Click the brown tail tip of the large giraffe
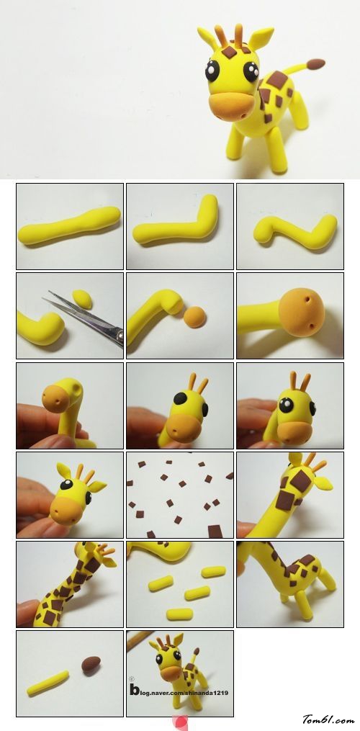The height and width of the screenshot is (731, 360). (x=315, y=63)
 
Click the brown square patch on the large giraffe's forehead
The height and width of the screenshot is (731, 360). (x=229, y=51)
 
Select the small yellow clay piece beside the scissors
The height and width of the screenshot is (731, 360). (x=83, y=299)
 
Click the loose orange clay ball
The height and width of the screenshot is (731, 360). (x=194, y=317)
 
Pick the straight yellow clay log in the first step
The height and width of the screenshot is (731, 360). (x=69, y=225)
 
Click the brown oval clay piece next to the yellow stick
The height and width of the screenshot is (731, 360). (x=91, y=664)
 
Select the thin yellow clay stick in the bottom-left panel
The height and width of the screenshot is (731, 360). (x=48, y=683)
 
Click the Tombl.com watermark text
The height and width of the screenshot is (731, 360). (x=328, y=719)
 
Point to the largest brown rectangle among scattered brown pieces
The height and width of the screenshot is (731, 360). (x=215, y=531)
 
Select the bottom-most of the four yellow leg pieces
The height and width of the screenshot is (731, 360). (x=180, y=614)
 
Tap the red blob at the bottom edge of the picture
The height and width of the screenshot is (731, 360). (x=180, y=722)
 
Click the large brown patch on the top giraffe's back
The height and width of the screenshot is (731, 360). (x=277, y=80)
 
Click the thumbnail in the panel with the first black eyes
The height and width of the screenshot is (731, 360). (x=180, y=405)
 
